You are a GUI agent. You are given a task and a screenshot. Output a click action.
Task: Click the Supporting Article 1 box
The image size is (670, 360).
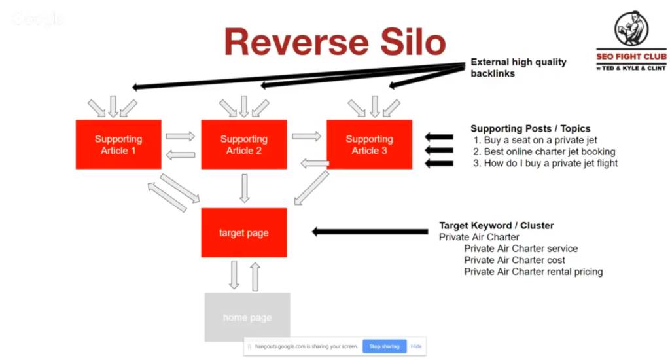click(x=118, y=145)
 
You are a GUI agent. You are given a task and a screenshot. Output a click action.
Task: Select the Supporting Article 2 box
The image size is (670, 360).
click(x=244, y=145)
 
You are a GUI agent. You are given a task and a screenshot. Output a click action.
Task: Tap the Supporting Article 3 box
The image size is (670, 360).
click(x=370, y=145)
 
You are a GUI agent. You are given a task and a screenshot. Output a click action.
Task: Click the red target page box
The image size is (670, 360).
click(x=244, y=233)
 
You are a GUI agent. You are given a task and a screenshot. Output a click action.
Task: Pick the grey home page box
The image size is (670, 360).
click(x=247, y=317)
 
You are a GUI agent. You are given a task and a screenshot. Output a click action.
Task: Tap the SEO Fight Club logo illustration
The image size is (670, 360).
click(x=631, y=29)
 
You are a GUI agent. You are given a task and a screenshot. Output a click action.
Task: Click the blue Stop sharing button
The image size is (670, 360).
click(x=384, y=346)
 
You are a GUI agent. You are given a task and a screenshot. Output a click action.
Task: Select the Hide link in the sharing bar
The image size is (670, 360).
click(x=416, y=346)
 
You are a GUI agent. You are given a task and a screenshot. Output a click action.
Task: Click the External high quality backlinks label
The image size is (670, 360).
click(x=518, y=67)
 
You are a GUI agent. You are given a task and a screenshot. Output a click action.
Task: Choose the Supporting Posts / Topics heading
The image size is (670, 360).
click(x=531, y=128)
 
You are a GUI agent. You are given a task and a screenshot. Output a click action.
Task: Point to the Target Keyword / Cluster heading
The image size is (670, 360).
click(x=497, y=225)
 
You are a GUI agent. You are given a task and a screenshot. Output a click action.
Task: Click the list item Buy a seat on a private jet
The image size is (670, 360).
click(x=540, y=140)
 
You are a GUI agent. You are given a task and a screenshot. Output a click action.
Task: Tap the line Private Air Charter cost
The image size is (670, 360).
click(x=515, y=260)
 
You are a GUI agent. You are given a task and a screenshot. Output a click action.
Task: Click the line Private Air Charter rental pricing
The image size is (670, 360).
click(x=533, y=271)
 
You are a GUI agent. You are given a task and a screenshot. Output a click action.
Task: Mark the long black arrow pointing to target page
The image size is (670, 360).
click(x=370, y=231)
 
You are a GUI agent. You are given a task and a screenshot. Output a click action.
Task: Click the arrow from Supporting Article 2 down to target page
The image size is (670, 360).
click(x=244, y=188)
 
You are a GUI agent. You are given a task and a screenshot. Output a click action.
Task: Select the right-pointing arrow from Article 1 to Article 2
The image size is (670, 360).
click(x=180, y=136)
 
